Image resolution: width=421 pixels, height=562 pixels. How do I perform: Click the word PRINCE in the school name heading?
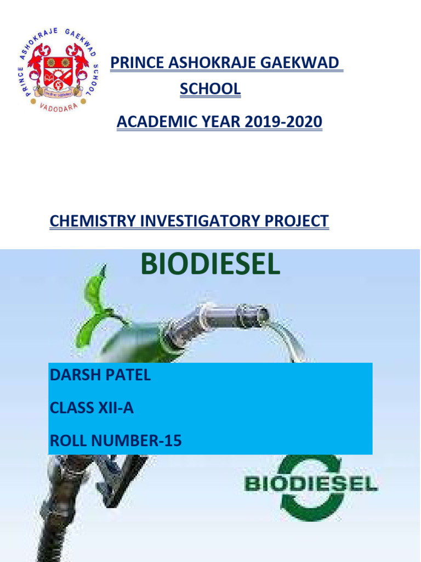137,63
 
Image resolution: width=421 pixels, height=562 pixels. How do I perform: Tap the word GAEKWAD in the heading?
299,63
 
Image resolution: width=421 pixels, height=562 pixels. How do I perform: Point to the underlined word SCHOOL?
210,89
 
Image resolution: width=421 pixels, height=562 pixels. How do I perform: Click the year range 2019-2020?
283,121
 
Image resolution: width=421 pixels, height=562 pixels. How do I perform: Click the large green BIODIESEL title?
210,264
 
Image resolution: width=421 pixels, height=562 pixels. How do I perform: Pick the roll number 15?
173,441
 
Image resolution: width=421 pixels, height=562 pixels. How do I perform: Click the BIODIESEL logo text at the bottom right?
311,484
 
